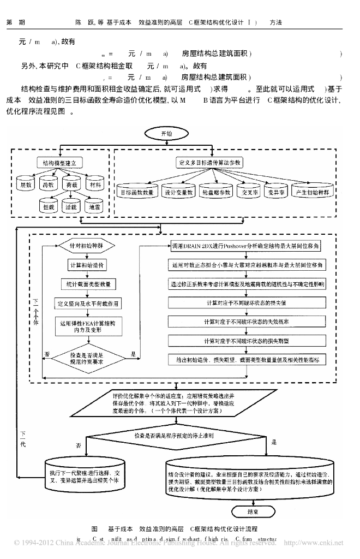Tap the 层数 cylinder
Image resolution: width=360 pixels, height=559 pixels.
coord(26,185)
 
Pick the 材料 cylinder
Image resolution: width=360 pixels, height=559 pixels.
coord(95,185)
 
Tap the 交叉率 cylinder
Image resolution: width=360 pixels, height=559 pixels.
coord(247,192)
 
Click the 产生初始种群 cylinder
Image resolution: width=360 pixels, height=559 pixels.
coord(316,192)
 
